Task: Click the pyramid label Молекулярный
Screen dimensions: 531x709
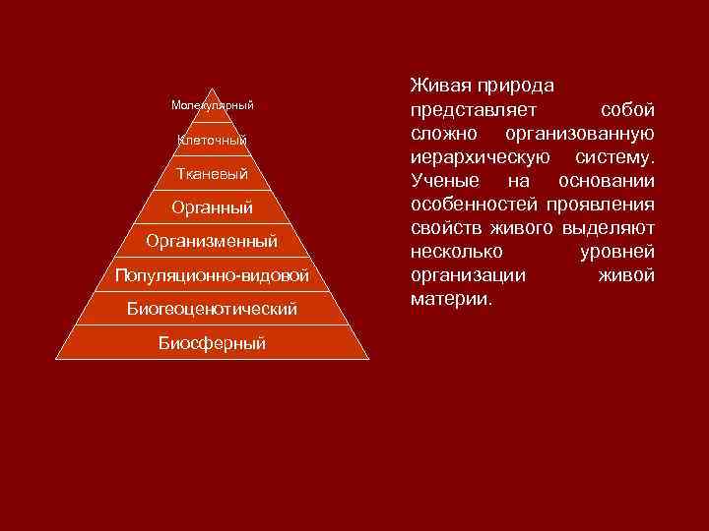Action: (x=212, y=105)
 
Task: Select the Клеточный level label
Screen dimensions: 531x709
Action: (x=212, y=140)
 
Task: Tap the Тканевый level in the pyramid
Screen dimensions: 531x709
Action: (x=212, y=174)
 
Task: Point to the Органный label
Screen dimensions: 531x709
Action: (x=212, y=207)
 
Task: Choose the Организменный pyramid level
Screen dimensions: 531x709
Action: (x=212, y=241)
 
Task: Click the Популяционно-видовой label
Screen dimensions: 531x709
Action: (x=212, y=274)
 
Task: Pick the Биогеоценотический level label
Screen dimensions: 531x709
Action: (x=212, y=309)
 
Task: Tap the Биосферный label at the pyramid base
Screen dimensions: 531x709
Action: (x=212, y=343)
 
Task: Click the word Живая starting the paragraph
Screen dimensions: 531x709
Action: (x=440, y=86)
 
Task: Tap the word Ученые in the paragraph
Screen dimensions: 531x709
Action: (x=444, y=181)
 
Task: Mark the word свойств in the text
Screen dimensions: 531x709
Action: (x=446, y=228)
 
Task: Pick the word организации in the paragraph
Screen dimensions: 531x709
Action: (x=467, y=275)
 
